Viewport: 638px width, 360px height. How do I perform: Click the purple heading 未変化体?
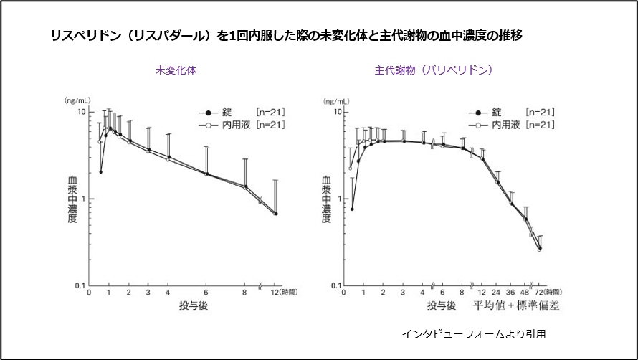click(176, 71)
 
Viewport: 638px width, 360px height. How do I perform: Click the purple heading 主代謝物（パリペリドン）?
click(434, 71)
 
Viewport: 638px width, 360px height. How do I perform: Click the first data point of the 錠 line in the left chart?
click(100, 172)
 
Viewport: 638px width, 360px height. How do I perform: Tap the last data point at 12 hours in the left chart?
click(276, 214)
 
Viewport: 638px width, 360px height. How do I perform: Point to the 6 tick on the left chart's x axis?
click(206, 293)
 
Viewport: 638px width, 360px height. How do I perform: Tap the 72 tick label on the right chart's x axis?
click(539, 293)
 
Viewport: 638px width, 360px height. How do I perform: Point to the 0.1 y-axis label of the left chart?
click(80, 286)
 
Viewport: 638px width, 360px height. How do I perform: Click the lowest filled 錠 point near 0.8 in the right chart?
click(353, 209)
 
